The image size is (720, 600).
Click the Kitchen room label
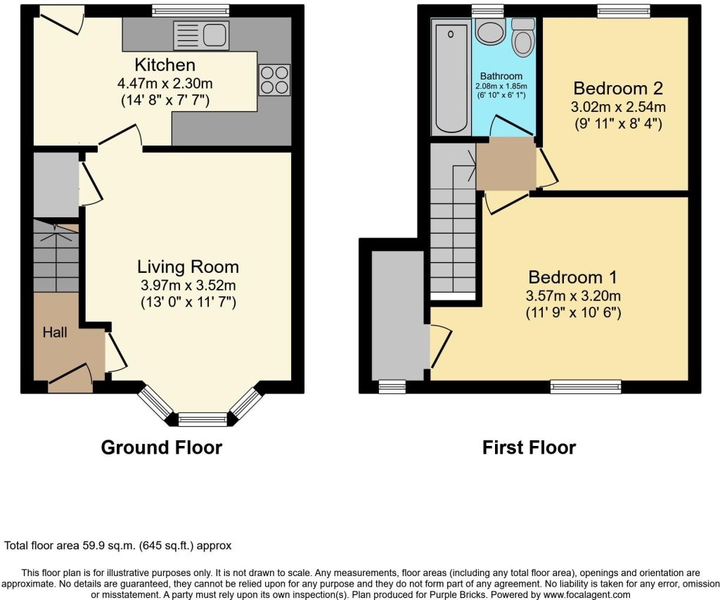tap(165, 65)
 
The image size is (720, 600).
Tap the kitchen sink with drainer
tap(200, 34)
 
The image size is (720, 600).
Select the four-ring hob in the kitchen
tap(274, 79)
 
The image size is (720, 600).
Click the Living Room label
tap(188, 267)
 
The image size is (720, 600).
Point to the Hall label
tap(55, 332)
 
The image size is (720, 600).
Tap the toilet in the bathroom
tap(522, 38)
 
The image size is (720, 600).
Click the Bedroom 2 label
tap(619, 89)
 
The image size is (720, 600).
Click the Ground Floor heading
tap(162, 447)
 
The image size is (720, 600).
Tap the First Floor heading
tap(529, 447)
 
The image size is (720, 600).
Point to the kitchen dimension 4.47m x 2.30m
tap(165, 83)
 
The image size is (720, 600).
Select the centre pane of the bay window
tap(202, 420)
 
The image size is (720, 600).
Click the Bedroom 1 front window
tap(586, 385)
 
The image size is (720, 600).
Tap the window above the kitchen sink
tap(191, 10)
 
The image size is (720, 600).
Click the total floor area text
tap(118, 545)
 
